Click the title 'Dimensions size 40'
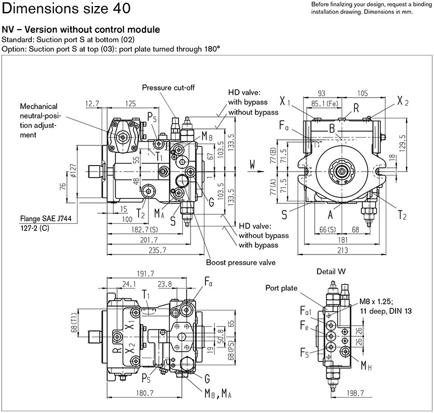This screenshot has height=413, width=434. pyautogui.click(x=66, y=8)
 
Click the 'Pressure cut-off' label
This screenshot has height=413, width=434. pyautogui.click(x=168, y=88)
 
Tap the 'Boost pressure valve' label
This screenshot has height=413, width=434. pyautogui.click(x=241, y=262)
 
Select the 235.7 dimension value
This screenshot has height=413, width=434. pyautogui.click(x=157, y=250)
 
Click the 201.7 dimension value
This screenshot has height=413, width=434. pyautogui.click(x=149, y=240)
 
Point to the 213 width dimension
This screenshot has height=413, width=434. pyautogui.click(x=343, y=250)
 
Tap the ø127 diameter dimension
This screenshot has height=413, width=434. pyautogui.click(x=73, y=171)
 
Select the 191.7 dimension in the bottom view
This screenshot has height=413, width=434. pyautogui.click(x=146, y=274)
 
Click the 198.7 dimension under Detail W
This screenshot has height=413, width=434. pyautogui.click(x=355, y=393)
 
